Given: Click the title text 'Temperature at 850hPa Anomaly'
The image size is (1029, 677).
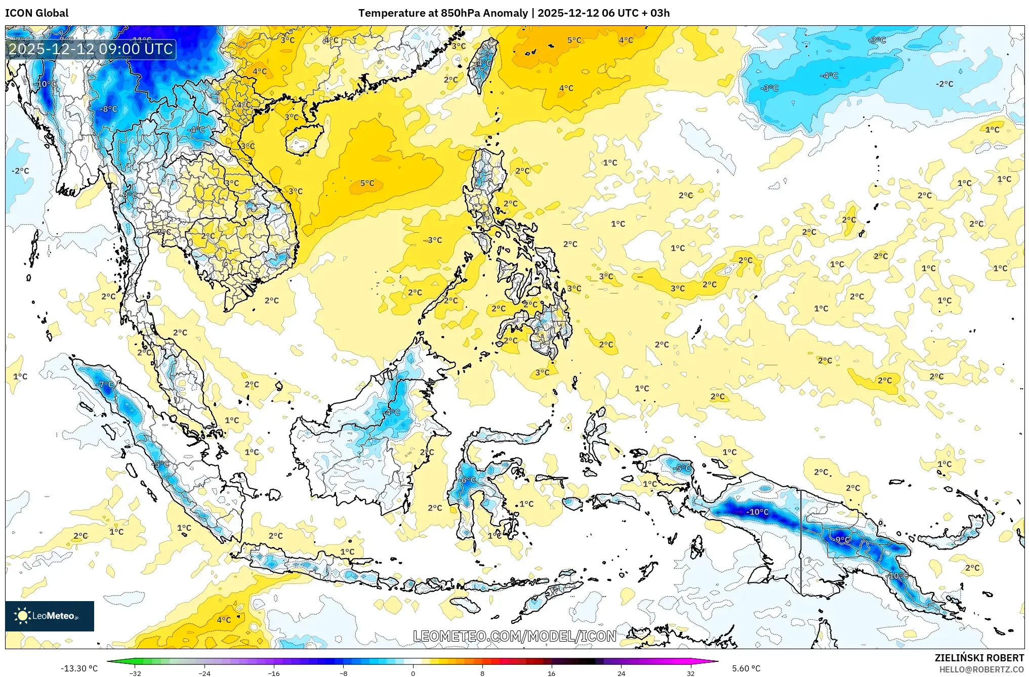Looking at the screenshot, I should coord(443,13).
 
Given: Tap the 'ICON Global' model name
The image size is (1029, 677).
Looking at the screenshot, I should coord(36,13).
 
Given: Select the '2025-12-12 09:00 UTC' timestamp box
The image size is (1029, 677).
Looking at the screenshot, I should coord(91,50).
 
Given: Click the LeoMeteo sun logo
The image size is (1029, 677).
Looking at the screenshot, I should coord(22,615).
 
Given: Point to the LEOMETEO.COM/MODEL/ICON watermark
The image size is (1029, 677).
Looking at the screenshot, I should coord(514,636).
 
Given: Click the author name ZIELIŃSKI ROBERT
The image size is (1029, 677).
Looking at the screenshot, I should coord(979,658).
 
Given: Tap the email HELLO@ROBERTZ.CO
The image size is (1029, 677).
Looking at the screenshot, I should coord(981,669).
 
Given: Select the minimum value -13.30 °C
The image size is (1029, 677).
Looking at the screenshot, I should coord(79,668).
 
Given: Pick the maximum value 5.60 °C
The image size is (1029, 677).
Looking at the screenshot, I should coord(746,668).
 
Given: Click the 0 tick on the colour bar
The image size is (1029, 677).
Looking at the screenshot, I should coord(413,673).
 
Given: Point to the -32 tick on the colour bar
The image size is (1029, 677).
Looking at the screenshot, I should coord(135,673).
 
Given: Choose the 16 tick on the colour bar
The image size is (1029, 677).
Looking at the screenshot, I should coord(551,673).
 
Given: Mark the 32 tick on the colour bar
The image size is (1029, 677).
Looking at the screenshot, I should coord(690,673).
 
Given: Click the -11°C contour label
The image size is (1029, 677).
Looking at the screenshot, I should coord(142,40).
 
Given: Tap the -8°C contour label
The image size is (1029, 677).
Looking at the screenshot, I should coord(108,109).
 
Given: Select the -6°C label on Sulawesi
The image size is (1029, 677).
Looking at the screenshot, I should coord(468,480).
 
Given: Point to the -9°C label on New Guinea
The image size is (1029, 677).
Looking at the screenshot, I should coord(842,540).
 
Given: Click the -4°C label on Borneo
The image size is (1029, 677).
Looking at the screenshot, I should coord(392,412).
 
